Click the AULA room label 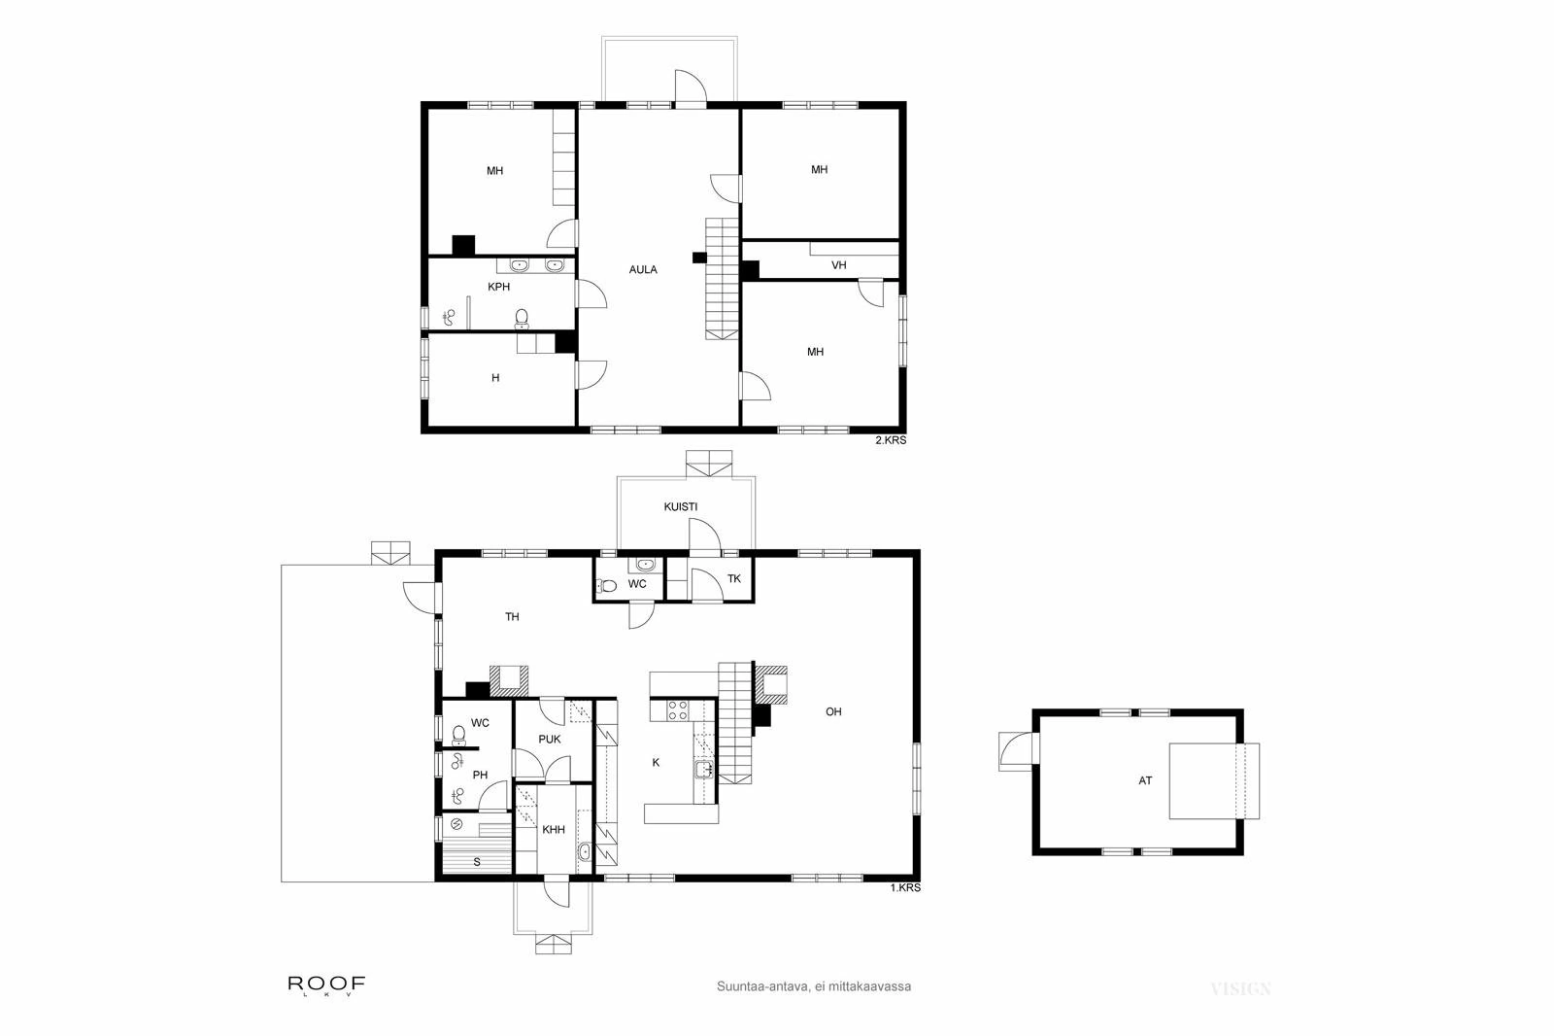click(x=643, y=269)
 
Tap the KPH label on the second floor click(x=498, y=287)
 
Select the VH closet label click(x=838, y=264)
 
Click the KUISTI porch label click(x=680, y=506)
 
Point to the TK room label click(x=734, y=578)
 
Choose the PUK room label click(x=550, y=739)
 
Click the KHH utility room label click(x=554, y=829)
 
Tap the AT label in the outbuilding click(x=1145, y=780)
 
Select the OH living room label click(x=833, y=711)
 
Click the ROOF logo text click(x=326, y=984)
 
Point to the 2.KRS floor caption click(x=891, y=440)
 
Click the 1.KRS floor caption click(x=904, y=887)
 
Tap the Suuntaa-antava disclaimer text click(x=813, y=985)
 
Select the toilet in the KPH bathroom click(x=522, y=317)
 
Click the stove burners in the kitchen click(x=677, y=709)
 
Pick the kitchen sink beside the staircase click(x=703, y=770)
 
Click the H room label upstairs click(x=495, y=377)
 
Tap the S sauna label click(x=477, y=861)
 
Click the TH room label click(x=512, y=616)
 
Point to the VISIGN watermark click(x=1240, y=989)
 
